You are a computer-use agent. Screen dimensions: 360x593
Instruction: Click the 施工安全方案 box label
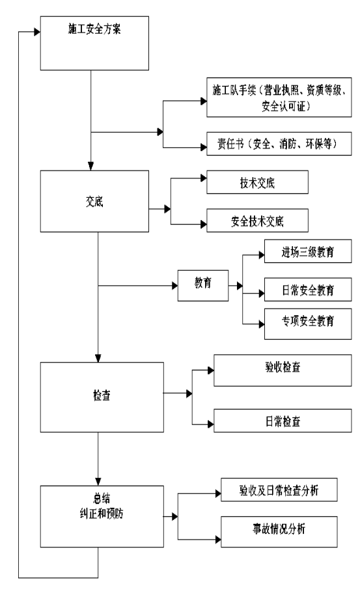coord(94,29)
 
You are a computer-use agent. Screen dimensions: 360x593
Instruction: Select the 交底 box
coord(94,201)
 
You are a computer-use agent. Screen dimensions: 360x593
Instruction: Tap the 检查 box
coord(102,397)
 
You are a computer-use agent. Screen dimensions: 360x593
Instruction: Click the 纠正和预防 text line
coord(102,514)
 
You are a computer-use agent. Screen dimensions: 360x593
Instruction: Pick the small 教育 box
coord(203,286)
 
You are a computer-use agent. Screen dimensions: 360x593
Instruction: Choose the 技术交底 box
coord(257,182)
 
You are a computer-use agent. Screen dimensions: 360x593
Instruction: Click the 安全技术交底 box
coord(257,221)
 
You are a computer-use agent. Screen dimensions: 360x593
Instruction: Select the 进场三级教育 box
coord(308,251)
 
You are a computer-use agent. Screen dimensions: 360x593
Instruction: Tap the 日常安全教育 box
coord(308,290)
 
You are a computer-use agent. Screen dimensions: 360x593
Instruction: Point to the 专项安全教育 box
coord(308,324)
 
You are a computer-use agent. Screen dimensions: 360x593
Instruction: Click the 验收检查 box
coord(283,370)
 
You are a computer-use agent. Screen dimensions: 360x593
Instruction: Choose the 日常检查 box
coord(283,421)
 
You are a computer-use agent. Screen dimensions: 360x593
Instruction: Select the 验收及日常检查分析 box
coord(279,490)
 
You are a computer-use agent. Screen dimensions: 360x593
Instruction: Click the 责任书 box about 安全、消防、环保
coord(279,144)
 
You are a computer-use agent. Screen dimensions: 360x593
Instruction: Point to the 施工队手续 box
coord(279,97)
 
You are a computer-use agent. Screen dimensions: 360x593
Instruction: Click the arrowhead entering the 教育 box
coord(174,286)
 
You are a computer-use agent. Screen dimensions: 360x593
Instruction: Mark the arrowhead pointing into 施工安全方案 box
coord(38,32)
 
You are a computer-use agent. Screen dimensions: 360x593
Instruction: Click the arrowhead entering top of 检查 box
coord(98,359)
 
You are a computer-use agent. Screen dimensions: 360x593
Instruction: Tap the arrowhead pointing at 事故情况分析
coord(218,539)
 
